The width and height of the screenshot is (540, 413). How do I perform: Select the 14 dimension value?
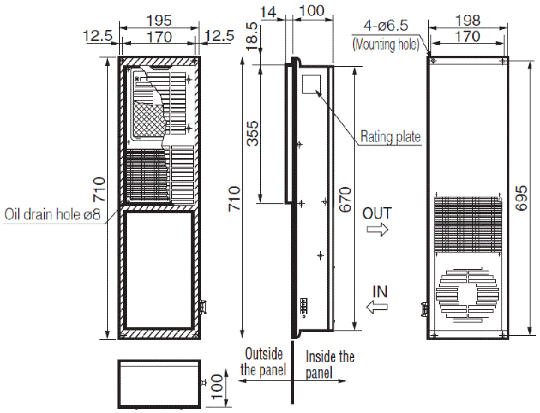270,11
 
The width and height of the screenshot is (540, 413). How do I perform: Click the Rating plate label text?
390,137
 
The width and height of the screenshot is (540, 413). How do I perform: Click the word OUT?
378,212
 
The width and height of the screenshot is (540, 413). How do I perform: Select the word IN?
380,291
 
